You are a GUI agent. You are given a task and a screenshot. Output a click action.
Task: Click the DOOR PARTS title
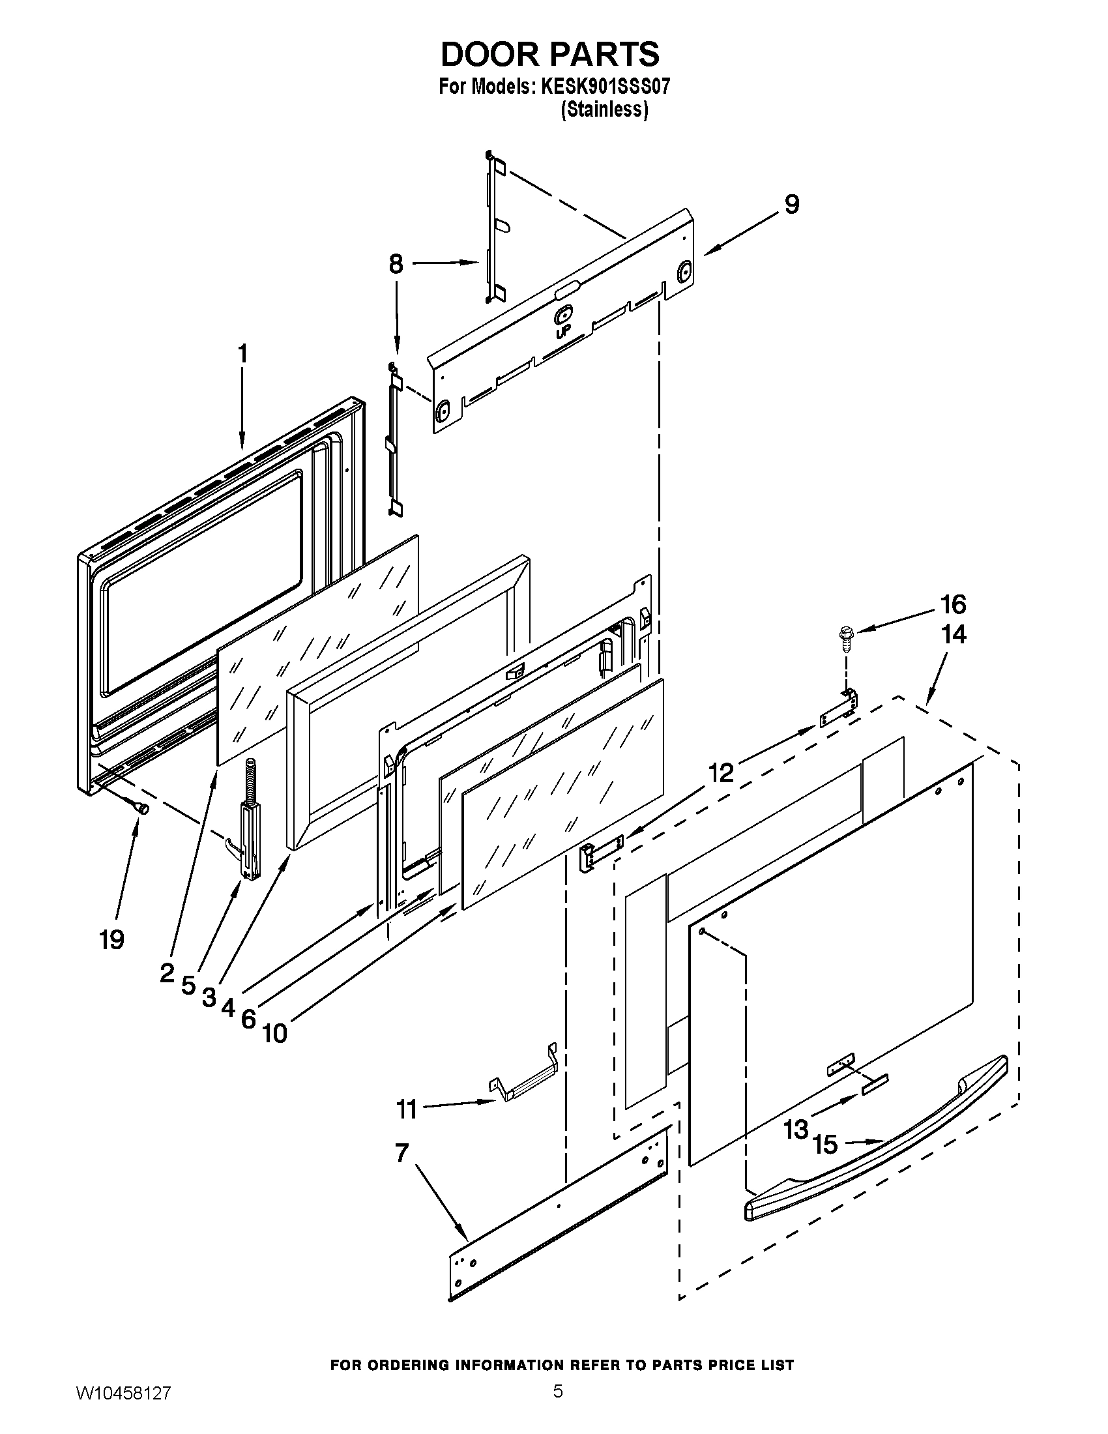coord(549,54)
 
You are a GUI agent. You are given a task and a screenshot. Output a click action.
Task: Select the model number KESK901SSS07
coord(605,87)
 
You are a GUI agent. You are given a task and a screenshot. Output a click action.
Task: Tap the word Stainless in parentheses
coord(604,109)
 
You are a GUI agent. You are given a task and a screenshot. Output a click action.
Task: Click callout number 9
coord(792,204)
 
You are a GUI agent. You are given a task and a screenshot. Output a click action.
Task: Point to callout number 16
coord(953,604)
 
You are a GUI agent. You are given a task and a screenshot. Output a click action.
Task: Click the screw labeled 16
coord(845,637)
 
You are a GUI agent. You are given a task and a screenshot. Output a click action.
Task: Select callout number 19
coord(111,940)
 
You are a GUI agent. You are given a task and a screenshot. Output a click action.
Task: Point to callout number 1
coord(242,354)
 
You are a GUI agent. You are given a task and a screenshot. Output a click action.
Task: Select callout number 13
coord(796,1130)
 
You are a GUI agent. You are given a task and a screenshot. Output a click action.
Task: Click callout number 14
coord(953,635)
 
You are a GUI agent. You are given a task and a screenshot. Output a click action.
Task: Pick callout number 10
coord(274,1034)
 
